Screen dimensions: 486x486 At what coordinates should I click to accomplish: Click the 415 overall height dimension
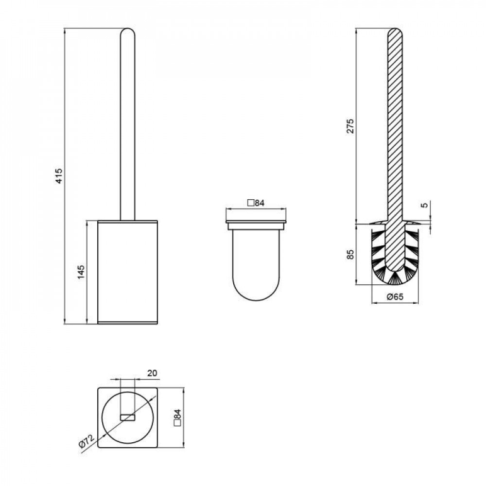[x=59, y=175]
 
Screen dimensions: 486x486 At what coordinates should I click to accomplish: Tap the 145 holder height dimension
[x=81, y=272]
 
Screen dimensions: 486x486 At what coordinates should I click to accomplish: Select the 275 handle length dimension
[x=350, y=126]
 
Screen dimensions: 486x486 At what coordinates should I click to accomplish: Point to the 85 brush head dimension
[x=350, y=255]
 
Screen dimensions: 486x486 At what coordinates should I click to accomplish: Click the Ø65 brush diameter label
[x=395, y=296]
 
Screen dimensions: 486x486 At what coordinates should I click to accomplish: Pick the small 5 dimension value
[x=425, y=205]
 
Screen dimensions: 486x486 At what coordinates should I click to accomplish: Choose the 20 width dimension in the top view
[x=152, y=373]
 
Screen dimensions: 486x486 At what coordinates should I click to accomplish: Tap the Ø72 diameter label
[x=86, y=441]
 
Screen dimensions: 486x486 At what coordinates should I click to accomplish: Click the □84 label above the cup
[x=256, y=203]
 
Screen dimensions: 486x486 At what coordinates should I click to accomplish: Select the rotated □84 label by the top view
[x=177, y=418]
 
